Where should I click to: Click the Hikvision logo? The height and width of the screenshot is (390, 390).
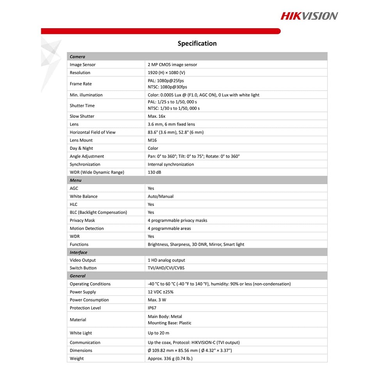click(x=309, y=16)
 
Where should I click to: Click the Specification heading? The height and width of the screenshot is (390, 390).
click(x=197, y=44)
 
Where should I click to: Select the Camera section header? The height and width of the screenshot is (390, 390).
click(x=77, y=57)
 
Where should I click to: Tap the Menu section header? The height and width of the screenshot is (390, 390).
click(x=76, y=180)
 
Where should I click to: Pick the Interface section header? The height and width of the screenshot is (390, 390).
click(x=78, y=252)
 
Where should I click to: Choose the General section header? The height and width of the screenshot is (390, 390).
click(x=78, y=276)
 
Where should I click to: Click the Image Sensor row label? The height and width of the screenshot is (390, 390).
click(x=83, y=65)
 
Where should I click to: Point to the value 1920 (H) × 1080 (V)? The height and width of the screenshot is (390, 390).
click(x=167, y=73)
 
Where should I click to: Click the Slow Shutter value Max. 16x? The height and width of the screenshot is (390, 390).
click(x=157, y=116)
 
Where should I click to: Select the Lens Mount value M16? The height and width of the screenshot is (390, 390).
click(x=152, y=140)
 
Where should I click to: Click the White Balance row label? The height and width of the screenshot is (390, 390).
click(x=83, y=196)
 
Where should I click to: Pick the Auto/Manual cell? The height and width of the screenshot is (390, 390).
click(x=161, y=196)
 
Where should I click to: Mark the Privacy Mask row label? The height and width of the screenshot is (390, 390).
click(x=82, y=220)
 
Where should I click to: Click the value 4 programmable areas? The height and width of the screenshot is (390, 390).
click(x=169, y=228)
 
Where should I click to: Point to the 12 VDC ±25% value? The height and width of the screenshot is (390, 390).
click(x=161, y=292)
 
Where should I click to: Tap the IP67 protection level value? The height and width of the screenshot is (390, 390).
click(x=152, y=308)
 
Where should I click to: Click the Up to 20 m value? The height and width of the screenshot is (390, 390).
click(x=159, y=333)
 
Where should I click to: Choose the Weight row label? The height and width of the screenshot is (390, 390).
click(x=77, y=358)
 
